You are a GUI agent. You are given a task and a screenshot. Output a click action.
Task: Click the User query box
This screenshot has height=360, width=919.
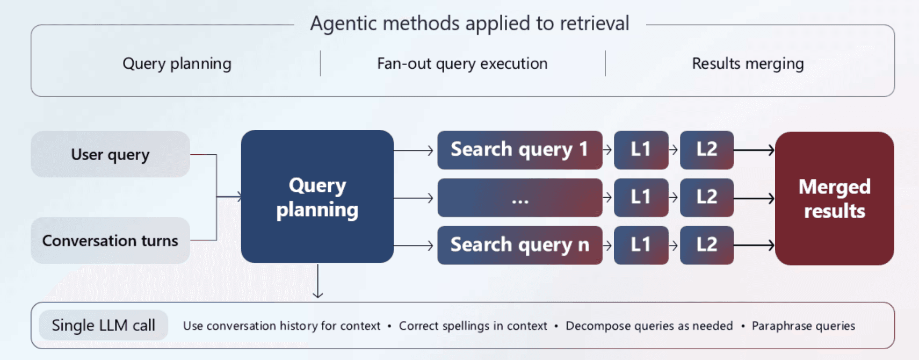click(110, 154)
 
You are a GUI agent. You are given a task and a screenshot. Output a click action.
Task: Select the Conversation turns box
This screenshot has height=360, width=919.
click(110, 240)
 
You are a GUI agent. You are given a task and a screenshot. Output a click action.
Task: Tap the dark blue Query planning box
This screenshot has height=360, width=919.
click(317, 197)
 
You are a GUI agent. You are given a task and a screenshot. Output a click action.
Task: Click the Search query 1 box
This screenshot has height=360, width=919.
click(519, 149)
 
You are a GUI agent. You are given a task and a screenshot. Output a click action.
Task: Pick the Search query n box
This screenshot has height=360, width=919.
click(519, 245)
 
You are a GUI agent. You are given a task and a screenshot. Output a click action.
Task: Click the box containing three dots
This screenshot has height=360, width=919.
click(519, 198)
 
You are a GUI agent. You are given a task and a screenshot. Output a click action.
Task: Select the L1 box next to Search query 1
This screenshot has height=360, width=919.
click(641, 149)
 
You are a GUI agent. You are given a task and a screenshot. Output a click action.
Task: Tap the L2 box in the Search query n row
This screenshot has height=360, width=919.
click(706, 245)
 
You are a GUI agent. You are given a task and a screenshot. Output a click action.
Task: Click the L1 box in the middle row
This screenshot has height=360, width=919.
click(641, 198)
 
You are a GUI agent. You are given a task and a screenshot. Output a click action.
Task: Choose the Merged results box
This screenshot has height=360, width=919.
click(834, 198)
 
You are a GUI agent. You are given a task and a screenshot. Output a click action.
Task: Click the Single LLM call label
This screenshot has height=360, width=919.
click(103, 325)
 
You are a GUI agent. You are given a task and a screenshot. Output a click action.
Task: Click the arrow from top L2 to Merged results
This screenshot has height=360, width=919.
click(754, 150)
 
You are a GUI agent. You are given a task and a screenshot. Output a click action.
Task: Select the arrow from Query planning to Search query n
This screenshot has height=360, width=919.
click(414, 246)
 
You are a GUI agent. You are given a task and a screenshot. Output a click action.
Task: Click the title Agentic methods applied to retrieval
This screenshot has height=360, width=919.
click(469, 24)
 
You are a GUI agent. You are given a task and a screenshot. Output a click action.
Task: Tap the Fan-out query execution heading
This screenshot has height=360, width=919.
click(462, 63)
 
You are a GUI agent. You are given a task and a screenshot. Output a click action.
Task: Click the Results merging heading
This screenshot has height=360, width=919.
click(748, 63)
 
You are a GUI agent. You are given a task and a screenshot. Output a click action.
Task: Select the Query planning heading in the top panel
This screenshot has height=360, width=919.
click(177, 63)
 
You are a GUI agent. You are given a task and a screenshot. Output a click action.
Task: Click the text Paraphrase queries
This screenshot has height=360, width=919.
click(803, 326)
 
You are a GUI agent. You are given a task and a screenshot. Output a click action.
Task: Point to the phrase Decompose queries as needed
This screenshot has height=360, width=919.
click(649, 326)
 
